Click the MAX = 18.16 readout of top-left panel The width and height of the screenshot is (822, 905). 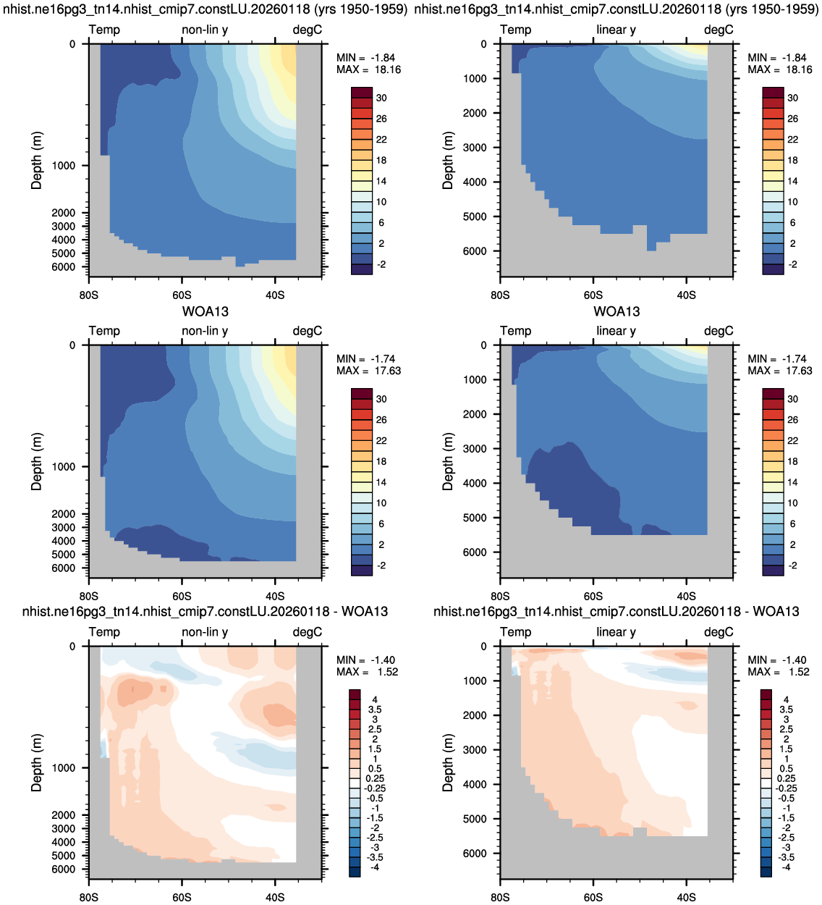point(368,70)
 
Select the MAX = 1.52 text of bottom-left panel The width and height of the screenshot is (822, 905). point(367,672)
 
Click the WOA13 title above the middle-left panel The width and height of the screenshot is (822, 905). point(205,311)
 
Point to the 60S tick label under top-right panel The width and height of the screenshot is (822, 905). point(593,295)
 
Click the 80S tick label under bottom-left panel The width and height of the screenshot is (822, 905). point(89,897)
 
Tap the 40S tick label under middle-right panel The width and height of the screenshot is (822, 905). point(686,597)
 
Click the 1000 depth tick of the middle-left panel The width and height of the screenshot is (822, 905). point(64,467)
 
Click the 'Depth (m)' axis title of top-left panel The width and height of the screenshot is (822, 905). point(36,161)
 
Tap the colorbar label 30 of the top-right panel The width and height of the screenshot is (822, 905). point(792,98)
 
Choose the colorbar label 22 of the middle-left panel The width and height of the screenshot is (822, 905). point(381,441)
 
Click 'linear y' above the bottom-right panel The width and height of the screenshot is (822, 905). point(616,632)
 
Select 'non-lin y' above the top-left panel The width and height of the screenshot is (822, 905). point(205,30)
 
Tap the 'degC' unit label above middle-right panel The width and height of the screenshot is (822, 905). point(719,331)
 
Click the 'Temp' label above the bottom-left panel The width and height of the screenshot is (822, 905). point(105,632)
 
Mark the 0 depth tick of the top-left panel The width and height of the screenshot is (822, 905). point(72,44)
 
